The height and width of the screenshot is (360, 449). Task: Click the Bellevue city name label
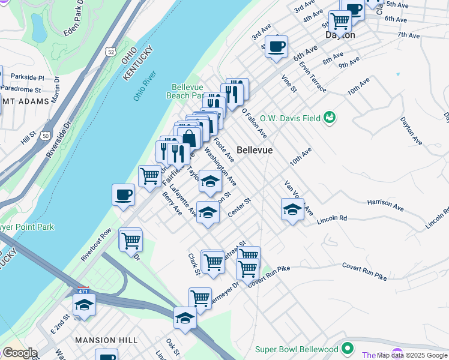[x=255, y=150]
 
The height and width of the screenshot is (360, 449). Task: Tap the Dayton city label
[x=340, y=35]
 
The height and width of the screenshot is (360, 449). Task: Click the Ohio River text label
[x=145, y=86]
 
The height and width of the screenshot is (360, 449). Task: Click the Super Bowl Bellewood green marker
[x=348, y=349]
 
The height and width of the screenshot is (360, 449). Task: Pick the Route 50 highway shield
[x=45, y=137]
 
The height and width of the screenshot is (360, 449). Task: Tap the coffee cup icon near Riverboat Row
[x=123, y=195]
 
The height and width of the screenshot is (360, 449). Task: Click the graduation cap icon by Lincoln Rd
[x=292, y=209]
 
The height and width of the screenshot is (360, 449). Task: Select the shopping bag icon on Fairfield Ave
[x=189, y=137]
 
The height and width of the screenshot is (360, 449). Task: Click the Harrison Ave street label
[x=385, y=205]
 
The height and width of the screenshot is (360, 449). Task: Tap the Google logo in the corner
[x=19, y=353]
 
